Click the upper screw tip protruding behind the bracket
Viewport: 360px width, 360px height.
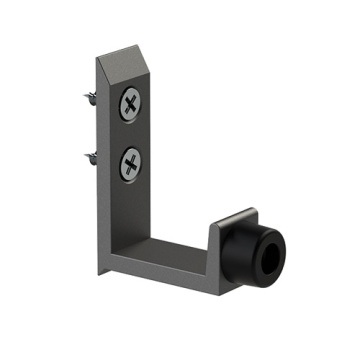pos(87,96)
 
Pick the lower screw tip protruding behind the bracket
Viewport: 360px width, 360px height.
pos(88,156)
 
